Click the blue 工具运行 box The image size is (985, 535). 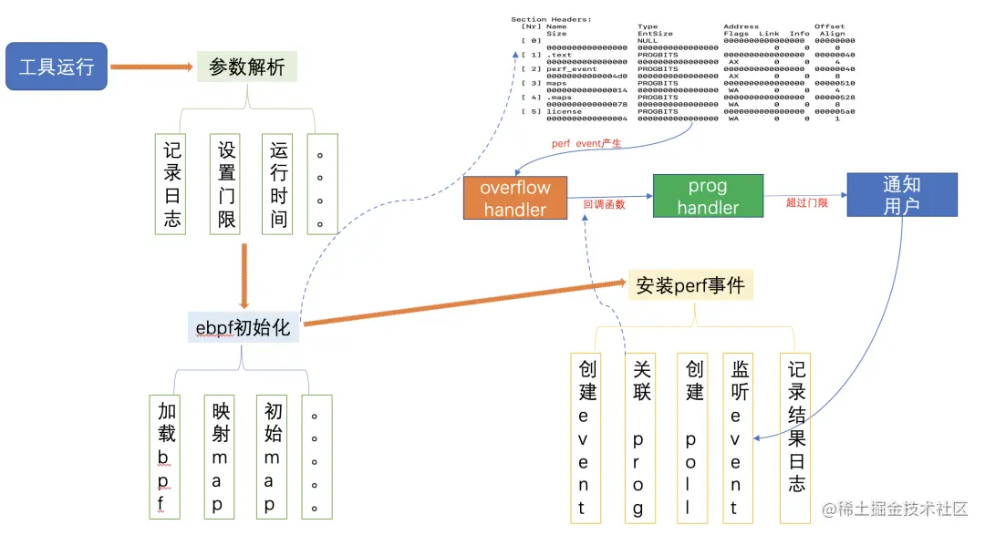pyautogui.click(x=57, y=67)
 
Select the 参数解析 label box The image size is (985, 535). pyautogui.click(x=247, y=67)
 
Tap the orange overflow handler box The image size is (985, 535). pyautogui.click(x=514, y=198)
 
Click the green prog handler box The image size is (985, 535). pyautogui.click(x=708, y=196)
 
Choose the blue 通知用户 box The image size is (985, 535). pyautogui.click(x=901, y=194)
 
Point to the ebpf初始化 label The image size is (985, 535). pyautogui.click(x=244, y=326)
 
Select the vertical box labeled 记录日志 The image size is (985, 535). pyautogui.click(x=171, y=184)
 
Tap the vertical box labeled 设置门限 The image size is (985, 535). pyautogui.click(x=226, y=184)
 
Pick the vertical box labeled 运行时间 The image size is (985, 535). pyautogui.click(x=279, y=184)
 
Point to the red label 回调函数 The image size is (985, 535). pyautogui.click(x=604, y=204)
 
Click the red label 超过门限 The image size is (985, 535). pyautogui.click(x=806, y=202)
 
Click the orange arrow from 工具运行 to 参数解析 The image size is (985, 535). pyautogui.click(x=151, y=67)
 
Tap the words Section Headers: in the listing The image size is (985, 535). pyautogui.click(x=551, y=19)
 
